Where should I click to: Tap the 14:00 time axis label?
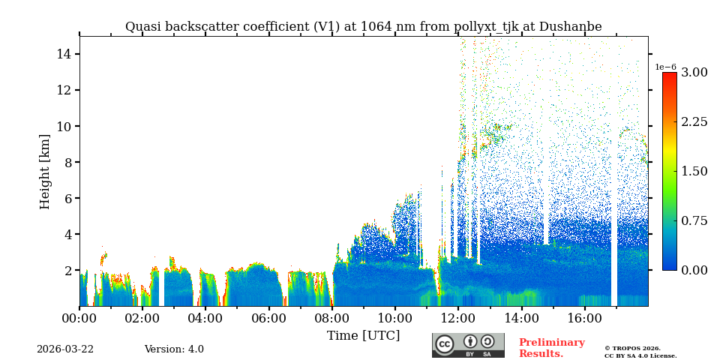tap(521, 318)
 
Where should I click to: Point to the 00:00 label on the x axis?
tap(79, 318)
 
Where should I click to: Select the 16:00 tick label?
tap(584, 318)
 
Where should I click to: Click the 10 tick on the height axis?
tap(64, 126)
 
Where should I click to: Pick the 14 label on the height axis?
tap(64, 54)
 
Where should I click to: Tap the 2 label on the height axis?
tap(67, 270)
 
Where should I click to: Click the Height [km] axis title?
tap(45, 171)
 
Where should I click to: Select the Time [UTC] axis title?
tap(363, 335)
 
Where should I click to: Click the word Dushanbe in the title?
tap(571, 27)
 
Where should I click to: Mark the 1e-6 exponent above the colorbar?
tap(665, 67)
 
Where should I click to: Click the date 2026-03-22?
tap(65, 349)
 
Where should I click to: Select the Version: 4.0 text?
tap(174, 349)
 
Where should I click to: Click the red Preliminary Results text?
tap(551, 348)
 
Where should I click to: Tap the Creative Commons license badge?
tap(468, 345)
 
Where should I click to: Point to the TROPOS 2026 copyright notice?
tap(640, 352)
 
